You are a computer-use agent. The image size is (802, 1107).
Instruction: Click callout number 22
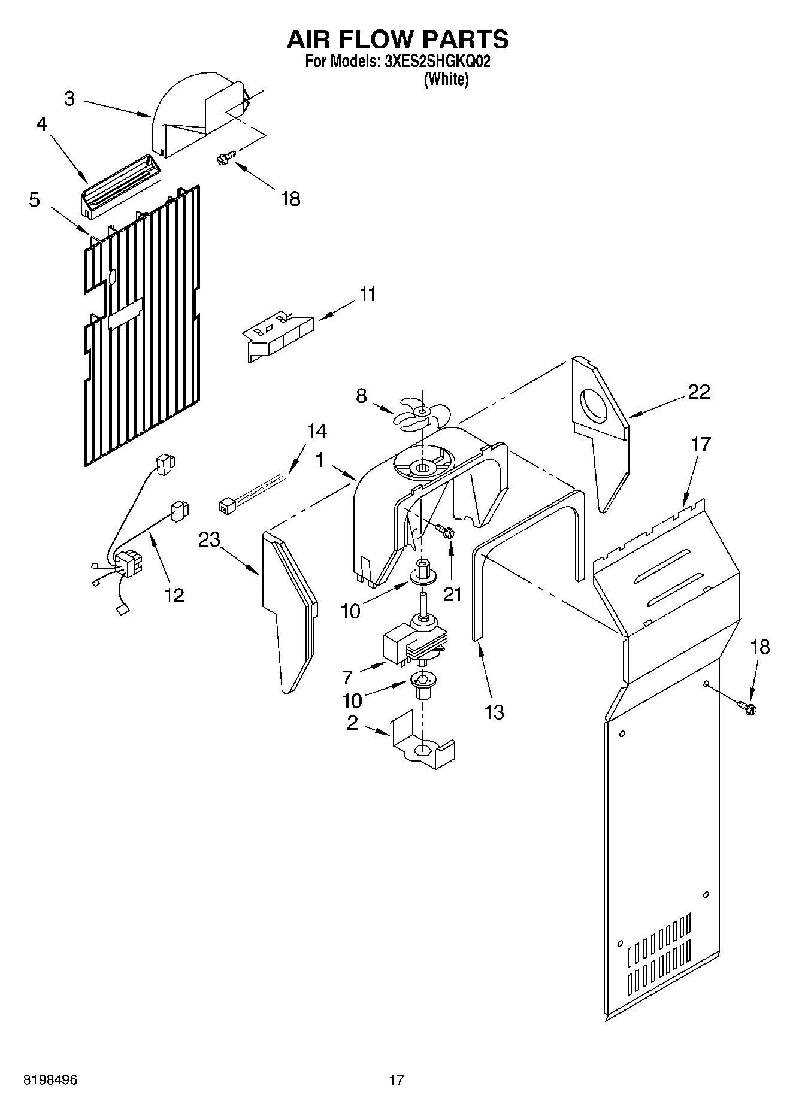699,392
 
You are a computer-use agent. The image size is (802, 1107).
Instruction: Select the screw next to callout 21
446,530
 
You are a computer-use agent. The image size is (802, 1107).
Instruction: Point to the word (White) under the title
446,80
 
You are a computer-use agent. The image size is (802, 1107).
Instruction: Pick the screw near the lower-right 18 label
749,708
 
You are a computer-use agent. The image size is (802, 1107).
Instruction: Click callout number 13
494,712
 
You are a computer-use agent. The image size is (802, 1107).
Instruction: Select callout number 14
317,431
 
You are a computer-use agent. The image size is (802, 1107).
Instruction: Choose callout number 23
210,541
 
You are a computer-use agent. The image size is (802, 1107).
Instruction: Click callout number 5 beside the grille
35,199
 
